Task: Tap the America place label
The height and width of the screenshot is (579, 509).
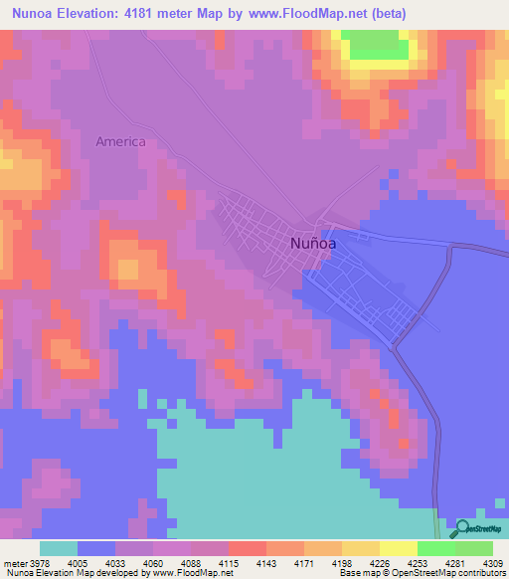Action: (120, 141)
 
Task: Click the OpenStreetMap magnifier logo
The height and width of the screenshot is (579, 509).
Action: (461, 529)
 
